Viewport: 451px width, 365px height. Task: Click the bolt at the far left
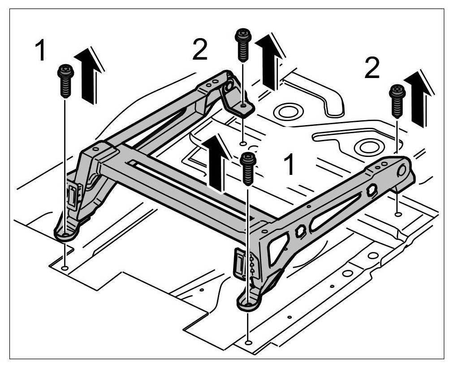tap(66, 81)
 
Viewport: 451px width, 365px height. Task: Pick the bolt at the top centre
tap(243, 45)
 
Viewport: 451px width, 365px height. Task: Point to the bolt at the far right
tap(397, 100)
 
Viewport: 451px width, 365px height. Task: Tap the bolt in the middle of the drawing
tap(248, 168)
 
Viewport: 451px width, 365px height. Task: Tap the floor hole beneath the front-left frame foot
tap(65, 268)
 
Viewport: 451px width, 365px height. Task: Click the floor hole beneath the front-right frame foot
tap(248, 343)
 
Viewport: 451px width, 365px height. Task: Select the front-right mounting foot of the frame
tap(248, 303)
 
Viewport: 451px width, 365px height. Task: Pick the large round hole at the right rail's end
tap(401, 170)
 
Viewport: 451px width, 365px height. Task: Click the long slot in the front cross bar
tap(188, 179)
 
